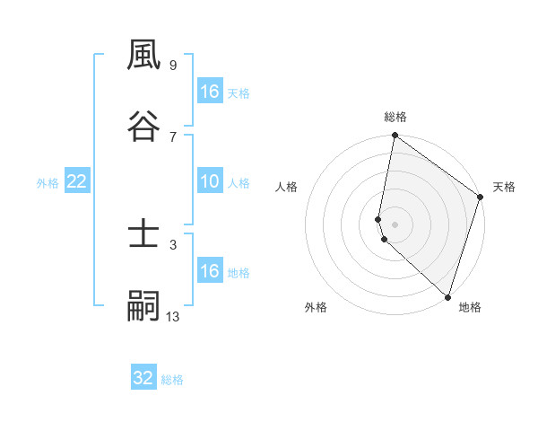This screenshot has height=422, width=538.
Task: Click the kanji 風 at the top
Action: pos(143,57)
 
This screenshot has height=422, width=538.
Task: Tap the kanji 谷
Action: pos(143,127)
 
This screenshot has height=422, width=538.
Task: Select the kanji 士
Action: pos(143,235)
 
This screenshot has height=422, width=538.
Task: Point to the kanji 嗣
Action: pos(143,306)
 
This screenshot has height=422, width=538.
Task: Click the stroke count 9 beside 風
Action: pos(172,66)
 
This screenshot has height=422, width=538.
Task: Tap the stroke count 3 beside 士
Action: pos(172,244)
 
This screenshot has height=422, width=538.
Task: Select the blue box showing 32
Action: pos(143,378)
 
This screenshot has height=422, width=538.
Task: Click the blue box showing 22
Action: pos(77,181)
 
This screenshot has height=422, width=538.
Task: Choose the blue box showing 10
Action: pos(210,181)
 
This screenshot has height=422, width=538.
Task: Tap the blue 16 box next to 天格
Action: pos(210,92)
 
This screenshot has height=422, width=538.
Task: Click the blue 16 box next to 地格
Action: pos(210,271)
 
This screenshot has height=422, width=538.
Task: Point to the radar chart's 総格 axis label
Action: pos(395,117)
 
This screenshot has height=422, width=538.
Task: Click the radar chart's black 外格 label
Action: pos(316,307)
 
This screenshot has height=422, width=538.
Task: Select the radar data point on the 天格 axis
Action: pos(481,198)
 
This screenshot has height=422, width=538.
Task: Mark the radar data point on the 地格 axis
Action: pos(447,297)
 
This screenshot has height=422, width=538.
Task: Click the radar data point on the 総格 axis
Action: pos(395,136)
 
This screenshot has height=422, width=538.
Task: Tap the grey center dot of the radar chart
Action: pos(395,224)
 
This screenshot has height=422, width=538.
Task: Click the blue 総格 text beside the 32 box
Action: pos(172,380)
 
